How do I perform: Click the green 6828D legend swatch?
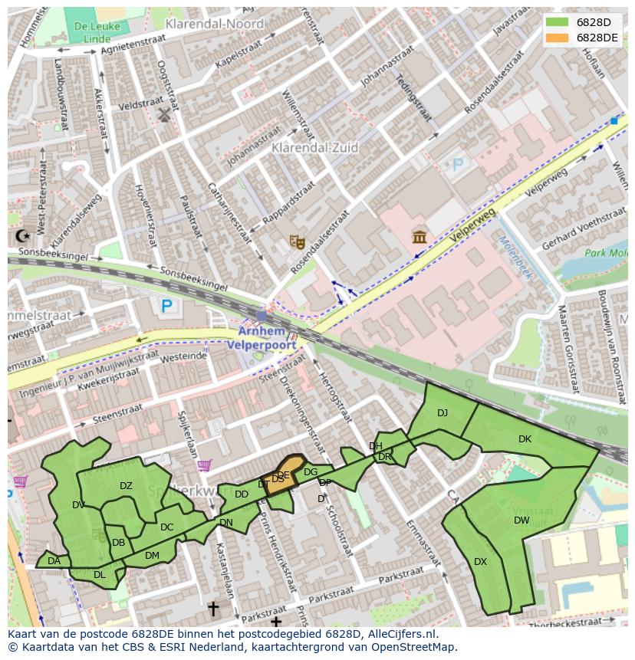point(558,22)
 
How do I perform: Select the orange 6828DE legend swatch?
point(558,38)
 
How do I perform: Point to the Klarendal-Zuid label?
point(315,147)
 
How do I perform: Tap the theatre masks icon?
point(298,242)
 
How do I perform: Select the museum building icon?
point(419,236)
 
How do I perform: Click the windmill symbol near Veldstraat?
point(163,115)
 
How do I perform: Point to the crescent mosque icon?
point(22,236)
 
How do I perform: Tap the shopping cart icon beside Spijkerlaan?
point(204,465)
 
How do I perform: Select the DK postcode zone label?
point(525,439)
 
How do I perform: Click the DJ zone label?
point(443,413)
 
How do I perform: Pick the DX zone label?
point(480,562)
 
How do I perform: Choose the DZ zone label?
point(126,485)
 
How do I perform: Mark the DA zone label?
point(54,561)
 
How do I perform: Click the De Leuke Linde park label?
point(87,32)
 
